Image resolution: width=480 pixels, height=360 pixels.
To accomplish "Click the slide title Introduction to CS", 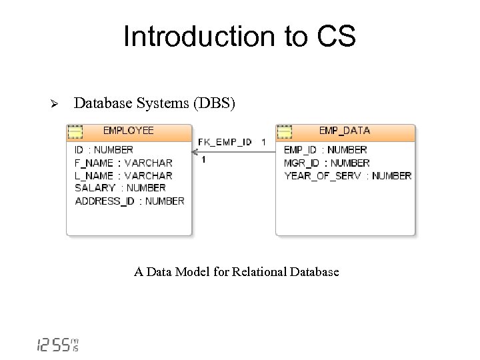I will (239, 37).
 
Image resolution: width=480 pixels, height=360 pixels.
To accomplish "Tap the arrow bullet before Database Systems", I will (56, 104).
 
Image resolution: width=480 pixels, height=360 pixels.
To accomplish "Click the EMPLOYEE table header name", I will (128, 131).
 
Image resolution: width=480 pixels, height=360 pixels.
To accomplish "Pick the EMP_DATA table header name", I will (344, 131).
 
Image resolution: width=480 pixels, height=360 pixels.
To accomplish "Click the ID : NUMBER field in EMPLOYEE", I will (104, 150).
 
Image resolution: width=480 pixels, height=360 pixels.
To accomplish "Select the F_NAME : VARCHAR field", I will (123, 163).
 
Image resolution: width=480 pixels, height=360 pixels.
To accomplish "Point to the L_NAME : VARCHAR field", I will (123, 175).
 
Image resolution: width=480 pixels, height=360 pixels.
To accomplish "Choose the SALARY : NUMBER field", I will (120, 188).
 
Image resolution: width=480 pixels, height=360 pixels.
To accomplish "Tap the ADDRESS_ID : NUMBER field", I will (129, 201).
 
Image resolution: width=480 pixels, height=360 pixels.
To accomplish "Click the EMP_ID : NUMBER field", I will (325, 150).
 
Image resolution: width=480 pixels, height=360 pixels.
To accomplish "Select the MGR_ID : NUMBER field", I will (327, 163).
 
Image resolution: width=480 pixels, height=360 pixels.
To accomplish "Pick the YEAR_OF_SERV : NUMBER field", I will (347, 176).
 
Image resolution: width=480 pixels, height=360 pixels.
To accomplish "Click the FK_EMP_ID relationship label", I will (225, 142).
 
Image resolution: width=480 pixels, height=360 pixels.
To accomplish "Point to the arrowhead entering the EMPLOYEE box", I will (196, 151).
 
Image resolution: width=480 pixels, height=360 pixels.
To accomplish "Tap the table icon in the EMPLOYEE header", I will (75, 131).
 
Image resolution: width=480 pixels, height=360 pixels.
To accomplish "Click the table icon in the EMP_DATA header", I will (285, 131).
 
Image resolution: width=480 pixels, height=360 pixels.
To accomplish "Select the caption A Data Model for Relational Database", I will (236, 272).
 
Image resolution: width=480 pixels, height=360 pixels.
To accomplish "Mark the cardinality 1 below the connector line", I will (203, 160).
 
